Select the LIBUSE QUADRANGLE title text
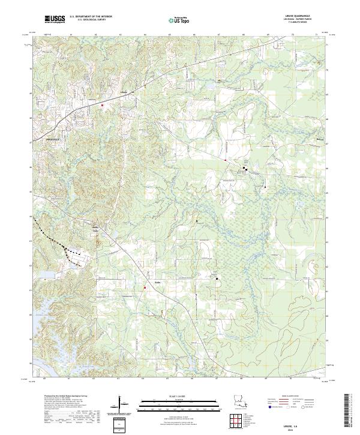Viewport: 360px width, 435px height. pos(302,16)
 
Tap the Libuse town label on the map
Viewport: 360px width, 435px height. pos(124,92)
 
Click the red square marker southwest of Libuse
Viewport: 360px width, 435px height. pos(103,105)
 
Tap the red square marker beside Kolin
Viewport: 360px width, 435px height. pos(145,288)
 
